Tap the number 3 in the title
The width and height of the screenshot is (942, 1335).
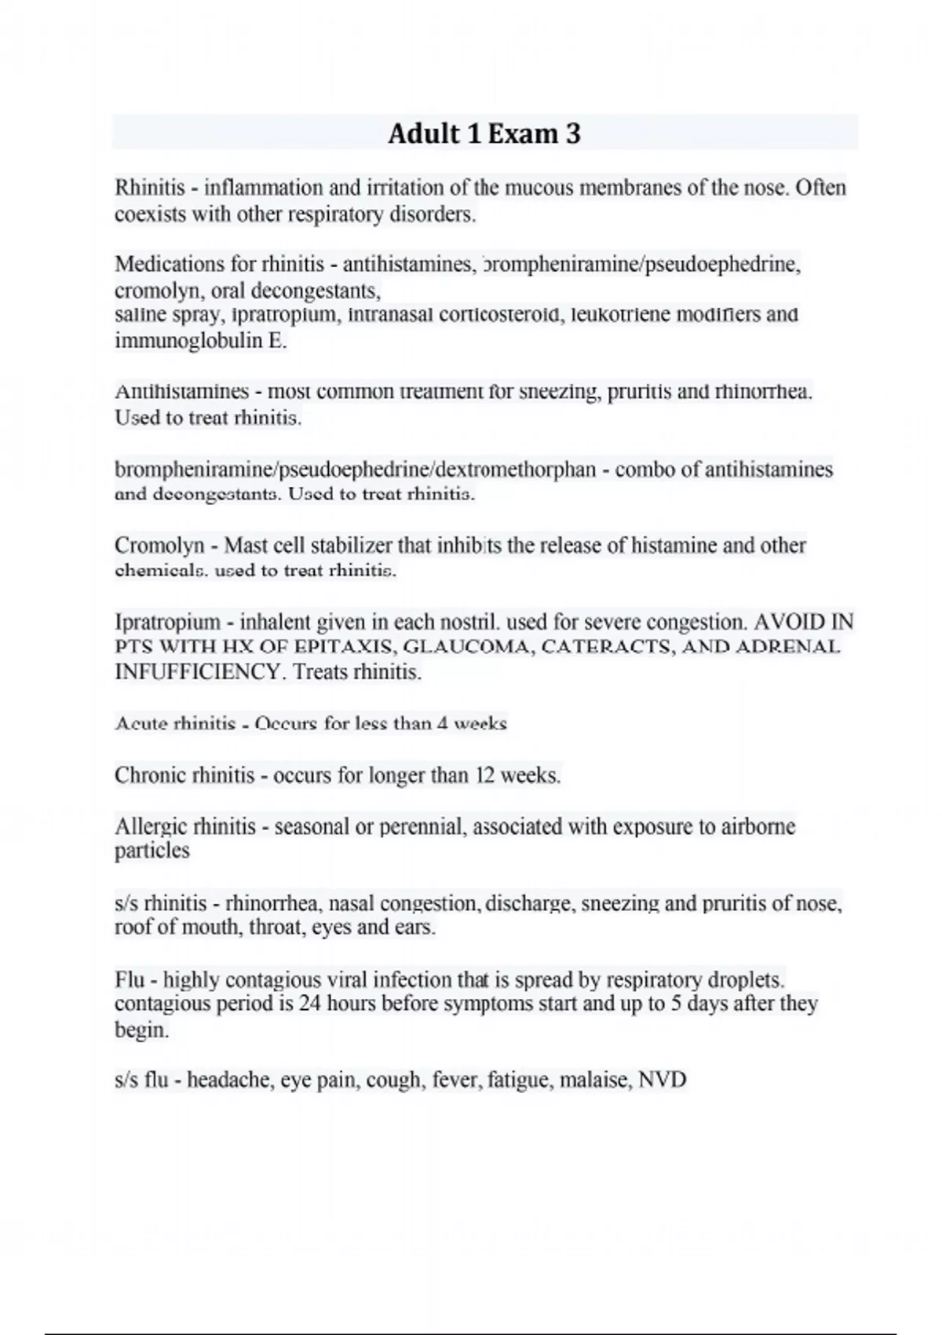point(572,133)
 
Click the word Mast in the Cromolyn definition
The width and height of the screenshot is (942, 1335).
point(246,545)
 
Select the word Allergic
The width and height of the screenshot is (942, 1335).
point(151,826)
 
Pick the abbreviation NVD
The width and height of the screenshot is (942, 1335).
point(663,1080)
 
